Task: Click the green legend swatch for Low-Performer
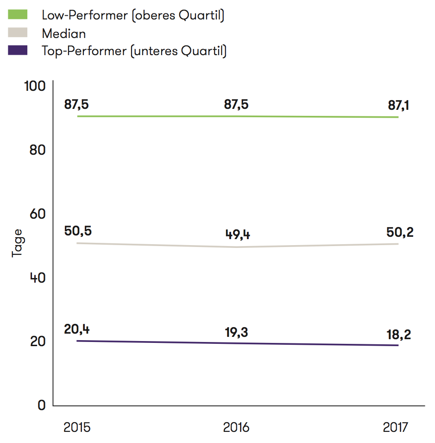(x=18, y=15)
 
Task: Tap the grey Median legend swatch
(x=18, y=33)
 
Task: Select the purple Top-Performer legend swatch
(x=18, y=51)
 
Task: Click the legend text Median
(x=63, y=33)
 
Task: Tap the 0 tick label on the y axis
(x=41, y=405)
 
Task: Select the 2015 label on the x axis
(x=77, y=427)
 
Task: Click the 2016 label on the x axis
(x=236, y=427)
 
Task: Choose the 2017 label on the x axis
(x=396, y=427)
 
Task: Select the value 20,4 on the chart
(x=77, y=329)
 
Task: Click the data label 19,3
(x=237, y=332)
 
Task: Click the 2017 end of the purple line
(x=398, y=345)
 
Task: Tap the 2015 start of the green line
(x=78, y=116)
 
